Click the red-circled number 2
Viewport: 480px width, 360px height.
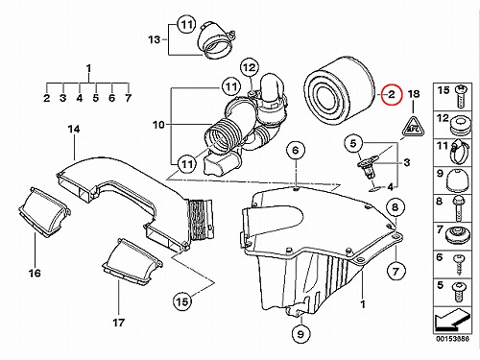tap(392, 94)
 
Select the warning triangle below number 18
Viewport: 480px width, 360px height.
tap(413, 128)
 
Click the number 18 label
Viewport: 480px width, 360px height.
tap(414, 94)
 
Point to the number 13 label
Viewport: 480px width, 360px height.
tap(154, 39)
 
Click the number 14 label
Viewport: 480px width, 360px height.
tap(74, 130)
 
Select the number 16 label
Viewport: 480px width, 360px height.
tap(35, 273)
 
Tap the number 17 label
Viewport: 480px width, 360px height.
tap(118, 323)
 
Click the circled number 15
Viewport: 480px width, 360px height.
tap(182, 301)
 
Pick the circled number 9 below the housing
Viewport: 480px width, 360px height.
tap(300, 334)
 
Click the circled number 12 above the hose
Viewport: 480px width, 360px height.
tap(250, 68)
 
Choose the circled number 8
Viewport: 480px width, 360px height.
tap(396, 207)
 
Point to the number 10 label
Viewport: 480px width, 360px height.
tap(158, 125)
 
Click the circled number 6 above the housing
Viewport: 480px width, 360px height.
tap(296, 150)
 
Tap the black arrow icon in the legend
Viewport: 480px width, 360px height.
tap(452, 320)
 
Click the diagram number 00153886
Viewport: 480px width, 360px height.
tap(452, 339)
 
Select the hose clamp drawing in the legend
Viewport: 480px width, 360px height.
tap(458, 153)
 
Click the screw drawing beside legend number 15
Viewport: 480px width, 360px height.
tap(460, 96)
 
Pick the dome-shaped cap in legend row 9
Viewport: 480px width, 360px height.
tap(458, 180)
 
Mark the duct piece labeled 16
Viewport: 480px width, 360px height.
tap(44, 212)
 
